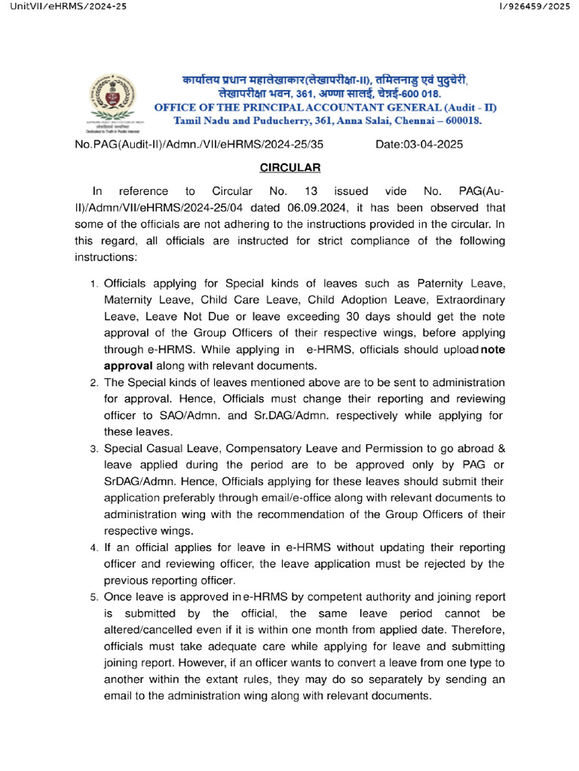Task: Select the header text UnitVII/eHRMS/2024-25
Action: point(63,7)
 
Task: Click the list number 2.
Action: point(94,383)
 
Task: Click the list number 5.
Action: point(94,597)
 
